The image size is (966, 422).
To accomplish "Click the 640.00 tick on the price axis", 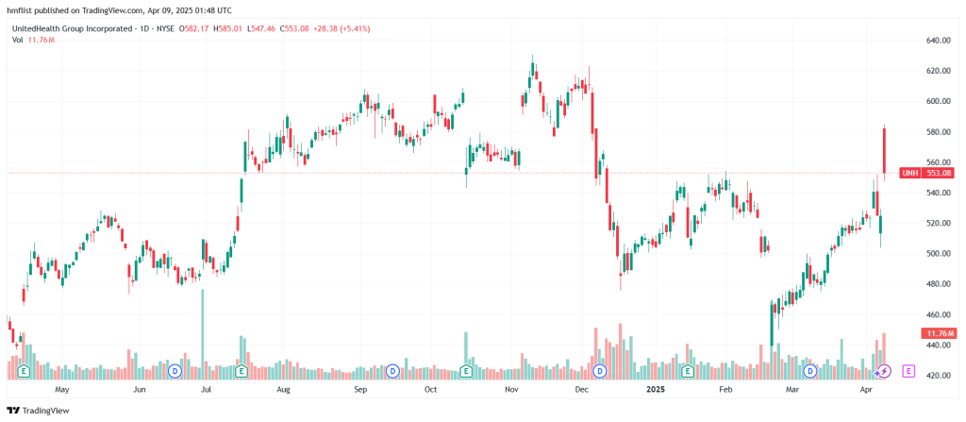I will [937, 41].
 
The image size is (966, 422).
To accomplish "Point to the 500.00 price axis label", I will [937, 253].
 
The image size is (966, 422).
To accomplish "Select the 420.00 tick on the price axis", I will [937, 376].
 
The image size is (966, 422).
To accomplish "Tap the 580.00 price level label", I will [937, 132].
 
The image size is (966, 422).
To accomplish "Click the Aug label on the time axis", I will [284, 388].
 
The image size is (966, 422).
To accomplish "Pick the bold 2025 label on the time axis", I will [654, 388].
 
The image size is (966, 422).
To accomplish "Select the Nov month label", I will [511, 388].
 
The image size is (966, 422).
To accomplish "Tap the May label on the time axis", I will [62, 388].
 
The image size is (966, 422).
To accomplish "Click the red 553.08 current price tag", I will [940, 173].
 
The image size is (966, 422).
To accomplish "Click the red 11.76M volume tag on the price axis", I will [940, 333].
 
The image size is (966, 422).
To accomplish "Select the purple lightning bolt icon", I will [884, 371].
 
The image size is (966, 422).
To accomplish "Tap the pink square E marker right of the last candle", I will [909, 371].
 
